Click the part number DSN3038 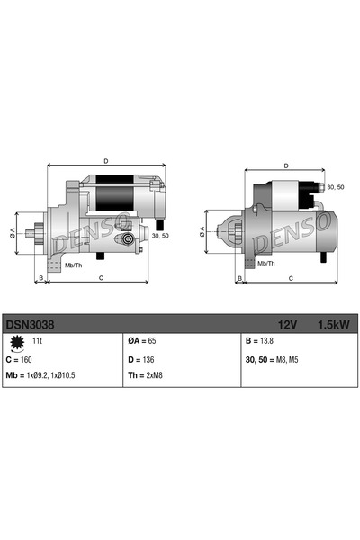click(x=28, y=321)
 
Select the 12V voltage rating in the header click(x=287, y=321)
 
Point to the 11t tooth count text click(x=38, y=342)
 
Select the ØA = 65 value click(x=143, y=342)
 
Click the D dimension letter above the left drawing click(x=106, y=161)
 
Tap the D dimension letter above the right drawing click(x=285, y=166)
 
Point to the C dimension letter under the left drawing click(x=100, y=278)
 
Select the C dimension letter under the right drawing click(x=291, y=278)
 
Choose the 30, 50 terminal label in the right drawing click(x=335, y=186)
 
